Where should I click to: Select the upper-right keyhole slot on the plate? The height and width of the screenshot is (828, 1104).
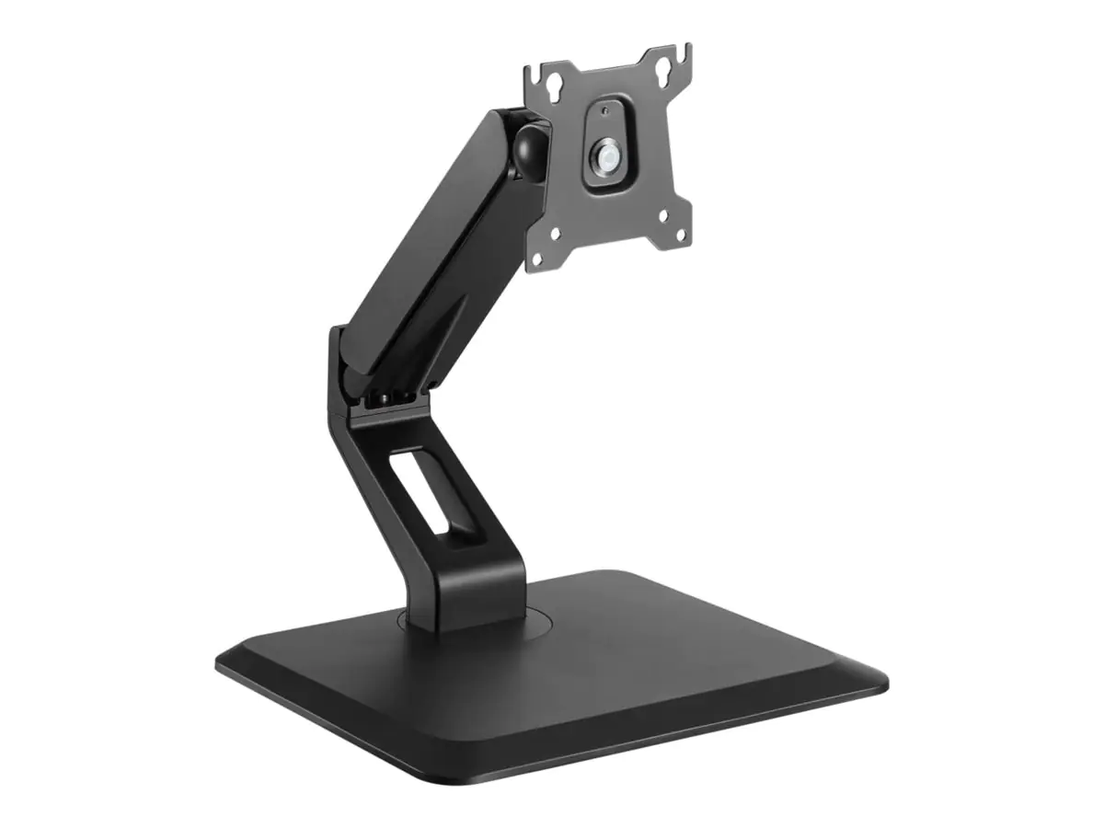click(x=663, y=71)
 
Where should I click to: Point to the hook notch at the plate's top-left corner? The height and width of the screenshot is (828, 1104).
click(x=535, y=74)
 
